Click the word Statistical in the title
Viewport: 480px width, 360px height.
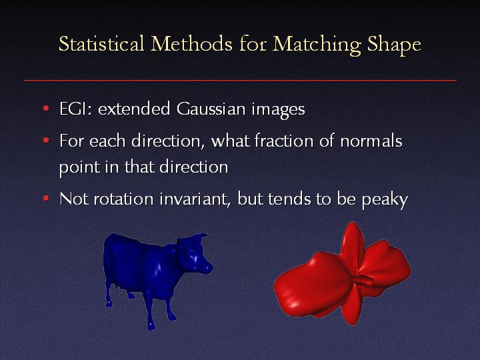pos(101,43)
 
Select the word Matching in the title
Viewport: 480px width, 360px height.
pos(317,45)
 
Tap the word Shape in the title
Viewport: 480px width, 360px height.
pos(394,45)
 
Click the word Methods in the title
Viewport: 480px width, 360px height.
pos(191,43)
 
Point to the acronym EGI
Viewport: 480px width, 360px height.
pos(75,109)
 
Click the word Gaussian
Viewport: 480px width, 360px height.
pos(211,109)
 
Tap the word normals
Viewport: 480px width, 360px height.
pos(371,141)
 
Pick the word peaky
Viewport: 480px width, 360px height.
pos(385,200)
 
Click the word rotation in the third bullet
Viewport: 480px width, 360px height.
pos(123,199)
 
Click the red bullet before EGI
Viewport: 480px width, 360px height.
pos(46,108)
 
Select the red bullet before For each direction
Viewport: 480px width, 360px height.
pos(46,140)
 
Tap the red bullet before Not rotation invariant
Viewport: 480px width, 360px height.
pos(46,199)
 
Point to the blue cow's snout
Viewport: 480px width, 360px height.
pos(207,269)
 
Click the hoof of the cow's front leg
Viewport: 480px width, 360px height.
pos(151,326)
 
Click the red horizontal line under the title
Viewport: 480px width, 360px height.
pos(240,81)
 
